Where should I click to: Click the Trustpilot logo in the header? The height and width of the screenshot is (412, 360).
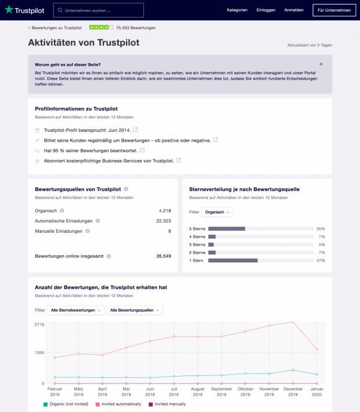tap(24, 10)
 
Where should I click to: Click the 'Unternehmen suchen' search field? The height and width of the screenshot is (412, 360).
tap(99, 10)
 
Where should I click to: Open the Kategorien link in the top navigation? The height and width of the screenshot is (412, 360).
tap(237, 10)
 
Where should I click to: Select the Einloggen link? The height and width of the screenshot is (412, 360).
tap(266, 10)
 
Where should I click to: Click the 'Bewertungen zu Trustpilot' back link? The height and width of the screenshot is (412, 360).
tap(55, 27)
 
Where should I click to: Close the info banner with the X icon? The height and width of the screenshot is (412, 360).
tap(321, 64)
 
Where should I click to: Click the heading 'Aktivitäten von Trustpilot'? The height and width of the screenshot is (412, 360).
tap(84, 43)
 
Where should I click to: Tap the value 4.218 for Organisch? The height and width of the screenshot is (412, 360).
tap(164, 211)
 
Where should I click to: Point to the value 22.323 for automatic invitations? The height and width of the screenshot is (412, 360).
tap(163, 221)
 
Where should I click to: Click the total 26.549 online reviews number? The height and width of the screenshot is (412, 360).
tap(163, 255)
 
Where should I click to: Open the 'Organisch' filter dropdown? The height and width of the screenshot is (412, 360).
tap(217, 212)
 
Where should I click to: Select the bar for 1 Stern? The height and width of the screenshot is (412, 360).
tap(233, 261)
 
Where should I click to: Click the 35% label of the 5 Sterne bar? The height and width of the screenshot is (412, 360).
tap(321, 229)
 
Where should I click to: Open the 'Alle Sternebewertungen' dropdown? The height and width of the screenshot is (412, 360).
tap(76, 310)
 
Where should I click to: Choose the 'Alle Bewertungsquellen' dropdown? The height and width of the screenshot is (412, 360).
tap(135, 310)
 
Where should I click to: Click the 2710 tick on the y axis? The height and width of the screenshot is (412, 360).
tap(39, 324)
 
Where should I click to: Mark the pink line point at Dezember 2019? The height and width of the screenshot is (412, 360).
tap(293, 321)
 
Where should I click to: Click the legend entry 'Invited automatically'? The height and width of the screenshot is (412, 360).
tap(121, 404)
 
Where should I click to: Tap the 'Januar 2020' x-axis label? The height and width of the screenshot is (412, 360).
tap(316, 391)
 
